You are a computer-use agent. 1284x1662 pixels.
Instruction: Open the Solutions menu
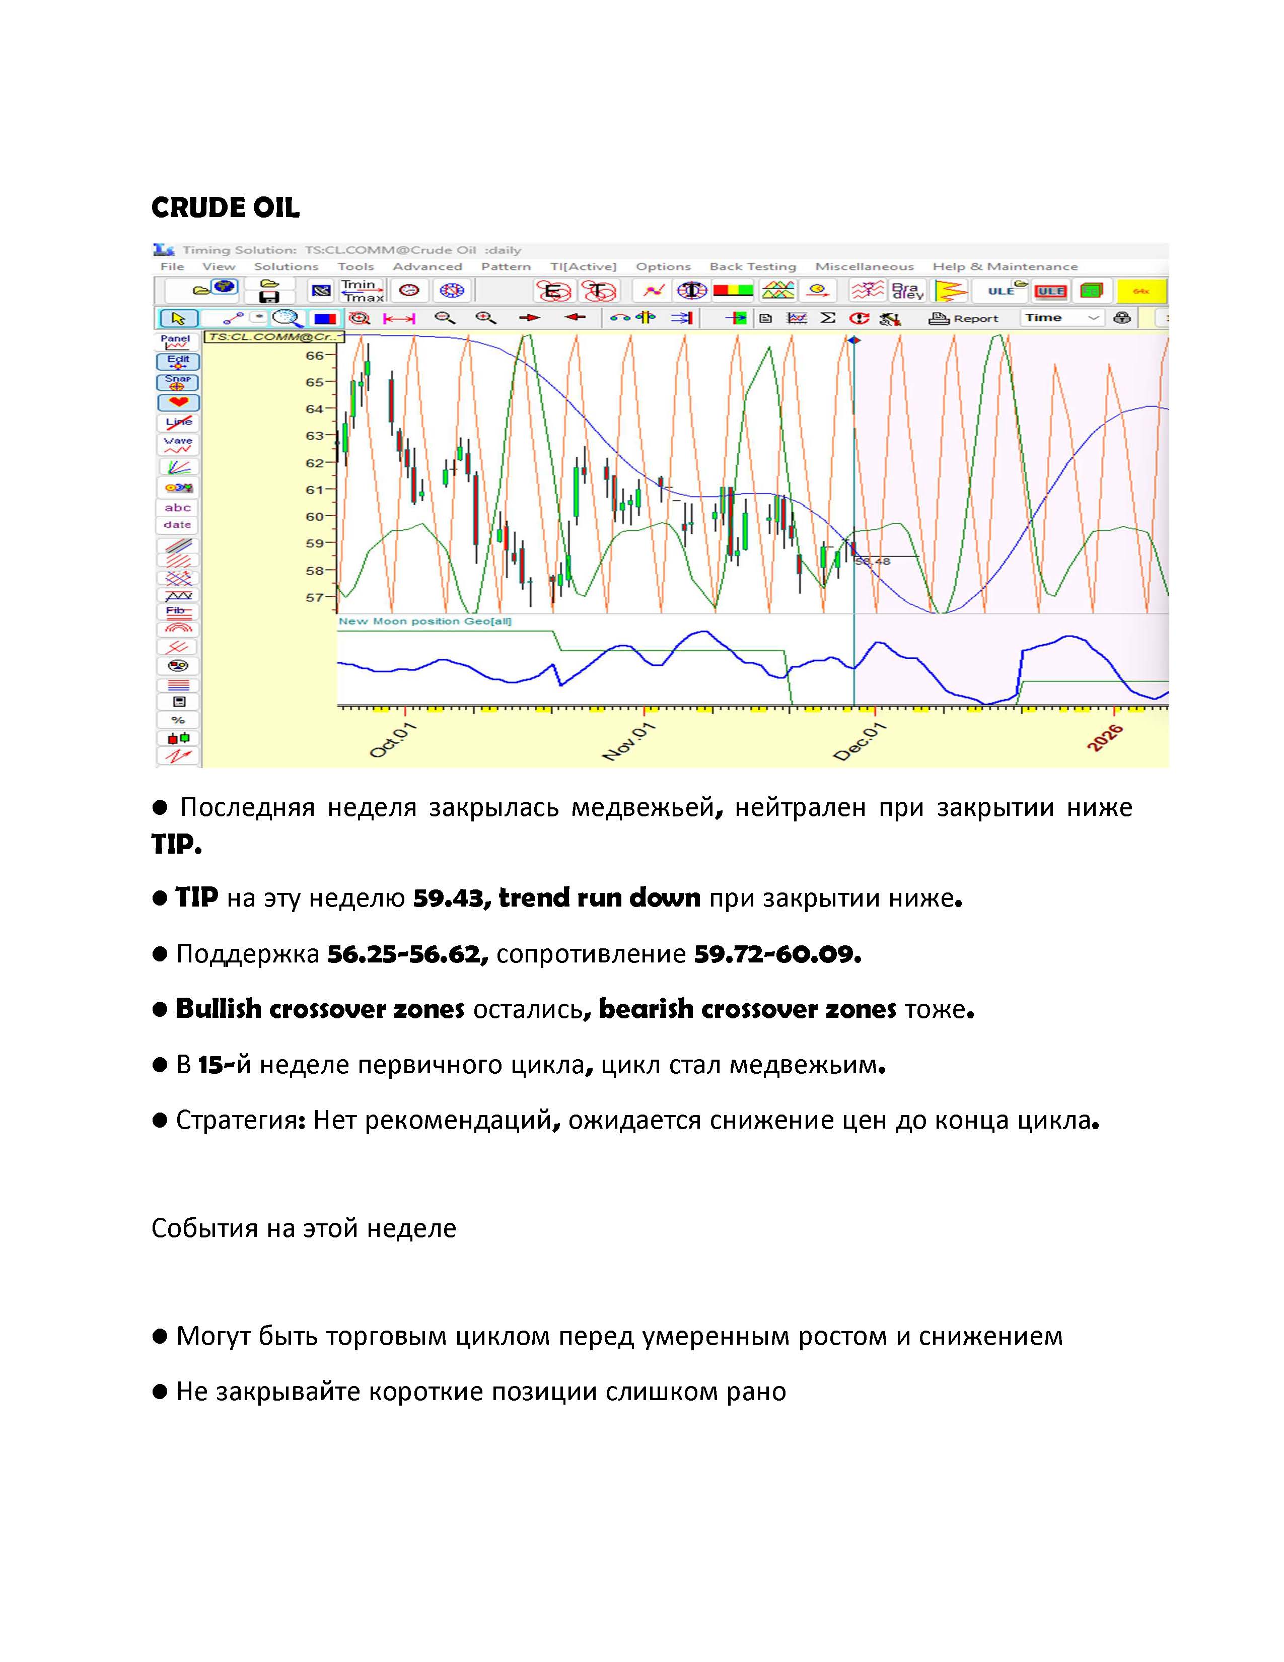point(286,266)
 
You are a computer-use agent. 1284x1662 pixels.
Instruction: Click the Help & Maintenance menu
point(1005,266)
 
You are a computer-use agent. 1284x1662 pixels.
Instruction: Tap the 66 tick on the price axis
point(315,356)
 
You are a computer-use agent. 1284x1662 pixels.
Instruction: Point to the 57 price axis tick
point(315,597)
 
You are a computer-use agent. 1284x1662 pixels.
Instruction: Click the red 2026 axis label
point(1104,739)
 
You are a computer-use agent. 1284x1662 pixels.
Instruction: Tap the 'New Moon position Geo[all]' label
point(424,621)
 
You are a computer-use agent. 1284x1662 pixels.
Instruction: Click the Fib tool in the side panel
point(177,611)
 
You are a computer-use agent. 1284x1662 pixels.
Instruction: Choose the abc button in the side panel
point(177,508)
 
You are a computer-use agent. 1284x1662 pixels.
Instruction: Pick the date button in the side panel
point(177,525)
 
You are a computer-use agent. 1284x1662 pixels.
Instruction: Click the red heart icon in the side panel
point(178,402)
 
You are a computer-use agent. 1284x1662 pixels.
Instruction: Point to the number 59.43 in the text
point(447,898)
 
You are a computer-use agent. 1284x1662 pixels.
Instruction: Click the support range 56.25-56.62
point(407,953)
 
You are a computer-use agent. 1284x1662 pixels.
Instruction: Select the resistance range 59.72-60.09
point(776,953)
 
